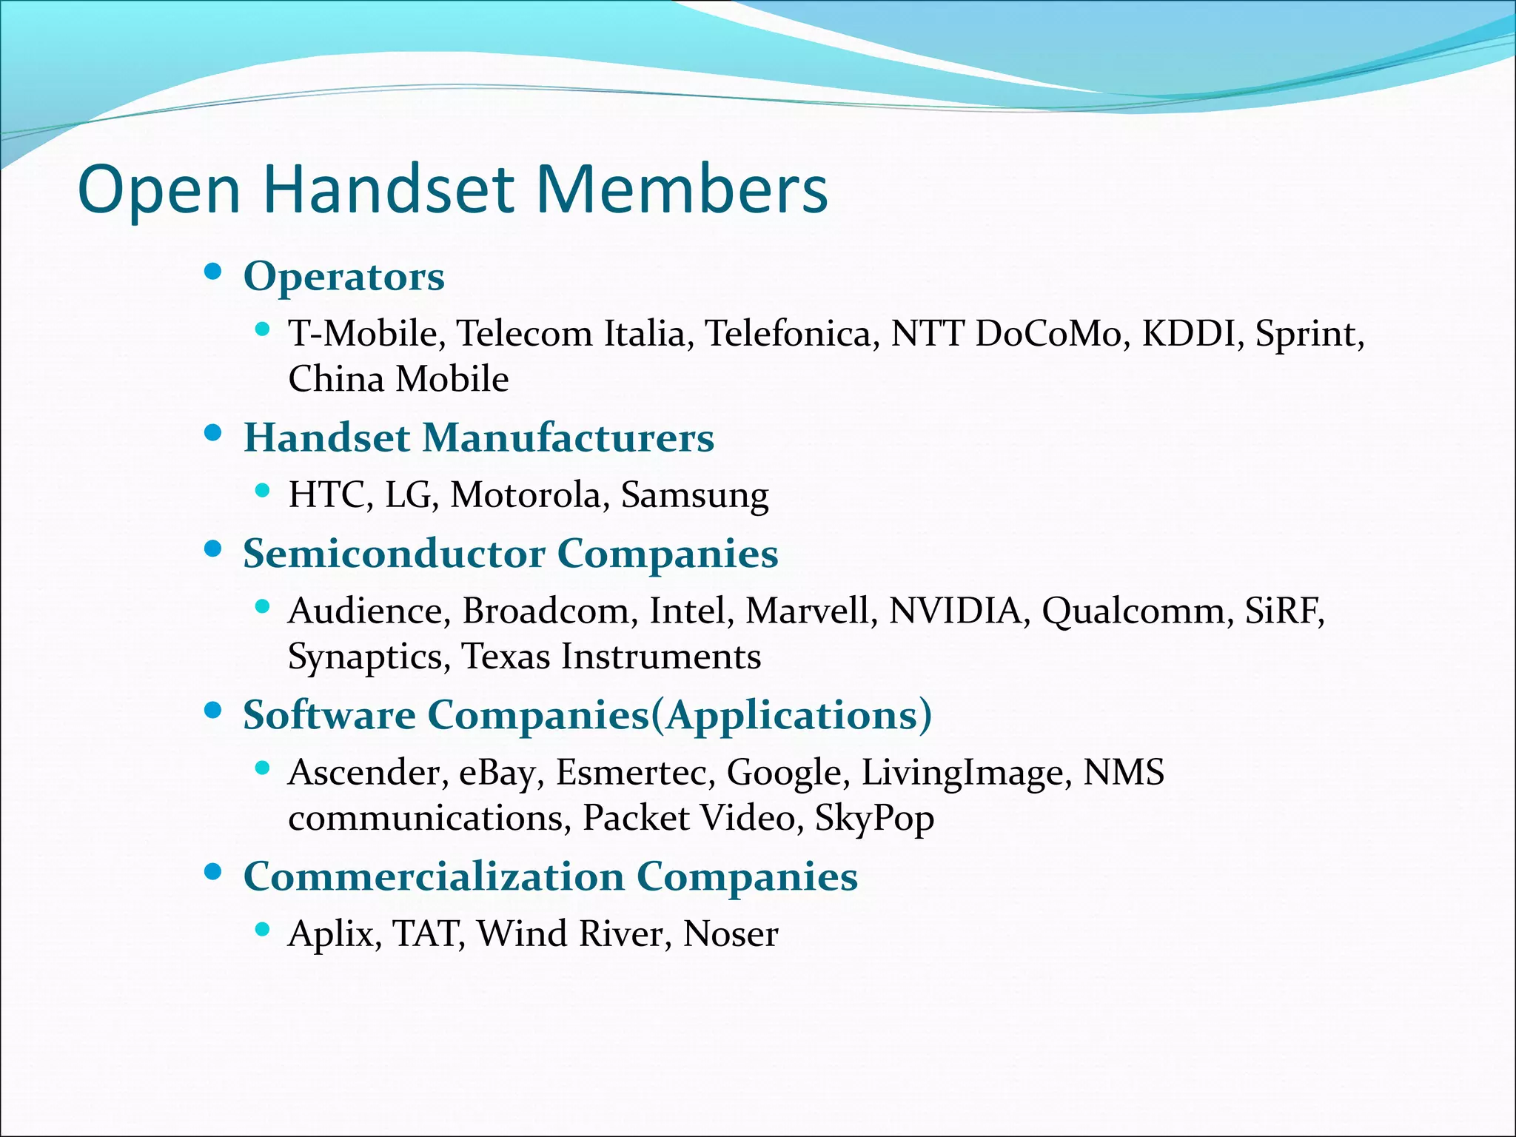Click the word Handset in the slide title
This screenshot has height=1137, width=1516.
[x=388, y=189]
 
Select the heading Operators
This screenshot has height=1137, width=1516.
[x=344, y=277]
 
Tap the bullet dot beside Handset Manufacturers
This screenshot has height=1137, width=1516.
[x=213, y=433]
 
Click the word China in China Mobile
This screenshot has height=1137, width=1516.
[x=336, y=379]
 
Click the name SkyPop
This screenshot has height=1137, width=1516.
[x=874, y=819]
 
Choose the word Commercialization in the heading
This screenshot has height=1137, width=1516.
[x=434, y=876]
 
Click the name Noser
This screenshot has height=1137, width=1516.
[x=730, y=933]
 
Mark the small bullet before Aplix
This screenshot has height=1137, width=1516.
[x=261, y=929]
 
